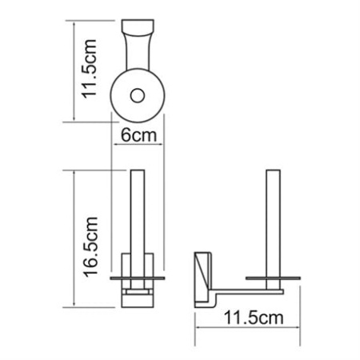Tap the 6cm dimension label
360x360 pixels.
[138, 136]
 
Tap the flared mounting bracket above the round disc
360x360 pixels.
[138, 48]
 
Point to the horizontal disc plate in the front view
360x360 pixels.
[138, 278]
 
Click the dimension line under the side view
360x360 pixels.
[240, 329]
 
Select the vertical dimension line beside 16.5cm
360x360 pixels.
[74, 240]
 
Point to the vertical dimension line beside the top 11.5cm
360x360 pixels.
[71, 72]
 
